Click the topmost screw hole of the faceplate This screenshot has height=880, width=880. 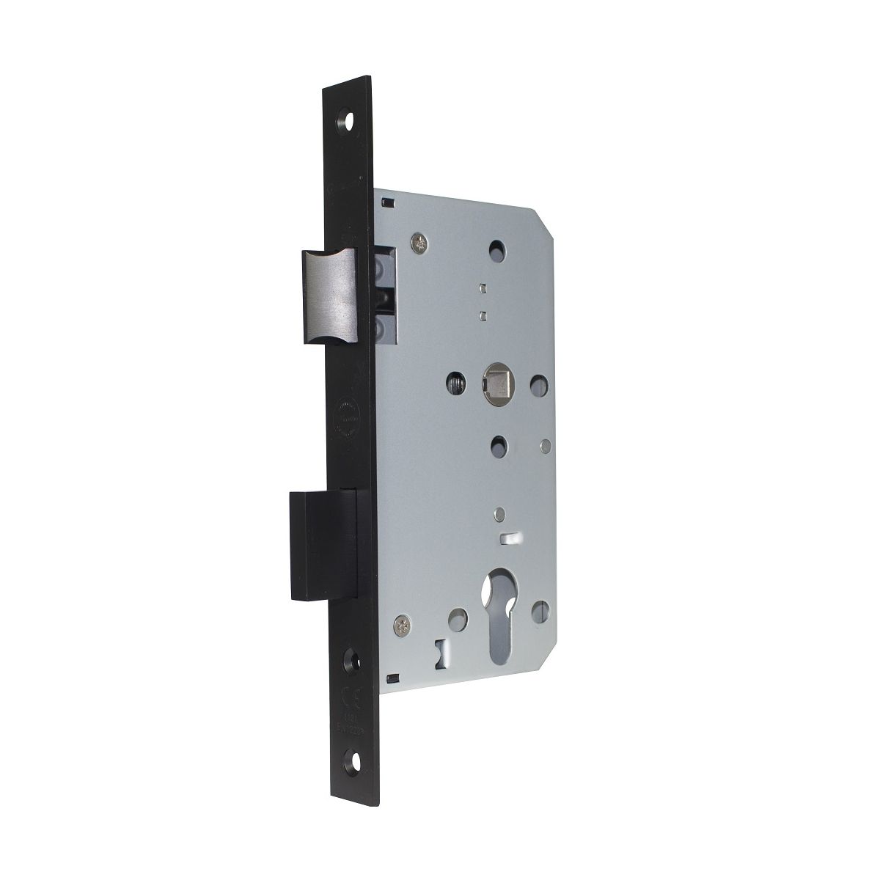345,117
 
